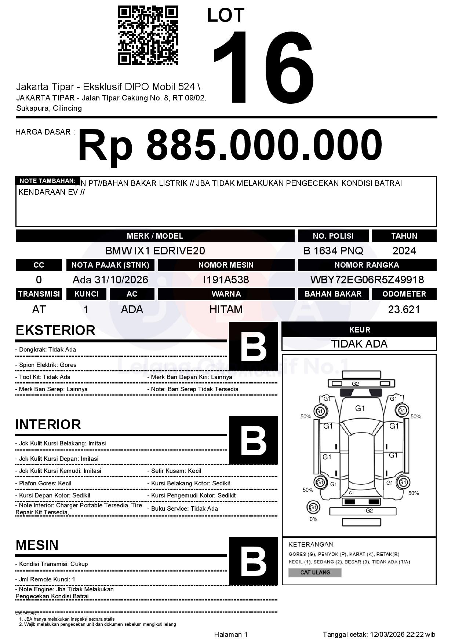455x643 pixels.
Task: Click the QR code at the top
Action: (148, 36)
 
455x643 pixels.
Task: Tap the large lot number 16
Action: (263, 67)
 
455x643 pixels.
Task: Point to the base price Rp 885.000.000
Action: (230, 146)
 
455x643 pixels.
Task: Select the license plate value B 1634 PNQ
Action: (333, 251)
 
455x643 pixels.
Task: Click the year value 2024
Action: (404, 251)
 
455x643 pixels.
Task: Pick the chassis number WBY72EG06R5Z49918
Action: (367, 280)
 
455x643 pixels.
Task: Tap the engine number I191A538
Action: (226, 280)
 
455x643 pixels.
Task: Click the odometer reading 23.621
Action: (404, 309)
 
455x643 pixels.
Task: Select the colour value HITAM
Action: (226, 309)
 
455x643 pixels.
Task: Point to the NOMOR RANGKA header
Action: (367, 265)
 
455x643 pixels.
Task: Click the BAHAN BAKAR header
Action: (333, 294)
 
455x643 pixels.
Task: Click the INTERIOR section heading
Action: (48, 425)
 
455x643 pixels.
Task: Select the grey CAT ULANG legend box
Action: (315, 572)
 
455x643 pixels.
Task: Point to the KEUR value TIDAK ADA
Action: (359, 344)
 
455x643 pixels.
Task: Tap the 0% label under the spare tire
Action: (313, 519)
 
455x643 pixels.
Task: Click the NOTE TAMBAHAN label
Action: (47, 181)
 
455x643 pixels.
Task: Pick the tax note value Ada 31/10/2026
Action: (110, 280)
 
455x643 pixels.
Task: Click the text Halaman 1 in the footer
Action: (231, 634)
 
